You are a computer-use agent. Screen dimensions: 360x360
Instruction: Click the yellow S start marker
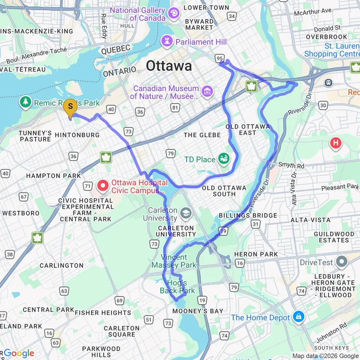pos(70,107)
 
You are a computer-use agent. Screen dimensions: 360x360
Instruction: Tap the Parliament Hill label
pos(201,42)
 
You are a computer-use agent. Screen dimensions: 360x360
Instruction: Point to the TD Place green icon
pos(223,159)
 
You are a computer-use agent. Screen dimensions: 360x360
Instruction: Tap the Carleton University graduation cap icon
pos(186,213)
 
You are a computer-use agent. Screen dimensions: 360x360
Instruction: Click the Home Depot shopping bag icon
pos(299,317)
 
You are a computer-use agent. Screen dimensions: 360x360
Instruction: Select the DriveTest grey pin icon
pos(342,262)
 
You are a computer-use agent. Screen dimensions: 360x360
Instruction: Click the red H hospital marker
pos(336,143)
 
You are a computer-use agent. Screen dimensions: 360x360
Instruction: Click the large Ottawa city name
pos(169,66)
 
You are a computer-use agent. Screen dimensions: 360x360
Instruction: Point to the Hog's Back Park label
pos(178,287)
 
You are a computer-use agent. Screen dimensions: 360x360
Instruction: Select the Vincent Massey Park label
pos(174,261)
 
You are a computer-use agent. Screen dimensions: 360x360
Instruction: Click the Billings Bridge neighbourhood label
pos(248,216)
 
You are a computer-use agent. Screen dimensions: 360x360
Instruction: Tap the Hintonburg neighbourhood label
pos(78,135)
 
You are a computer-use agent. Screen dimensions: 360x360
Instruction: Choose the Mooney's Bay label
pos(198,311)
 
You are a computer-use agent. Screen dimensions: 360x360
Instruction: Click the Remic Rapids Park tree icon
pos(25,102)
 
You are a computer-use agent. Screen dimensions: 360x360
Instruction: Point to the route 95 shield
pos(220,59)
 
